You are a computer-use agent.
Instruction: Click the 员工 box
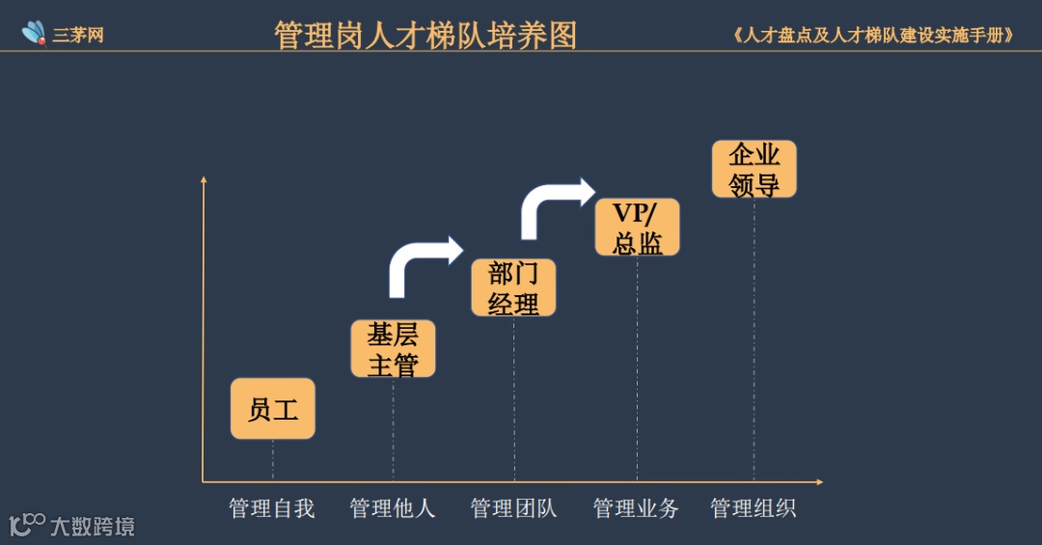pyautogui.click(x=273, y=409)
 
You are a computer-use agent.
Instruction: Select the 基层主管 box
pyautogui.click(x=393, y=348)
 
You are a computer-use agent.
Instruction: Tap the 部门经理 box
pyautogui.click(x=513, y=287)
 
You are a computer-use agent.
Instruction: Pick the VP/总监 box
pyautogui.click(x=637, y=228)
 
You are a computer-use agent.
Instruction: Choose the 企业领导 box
pyautogui.click(x=754, y=169)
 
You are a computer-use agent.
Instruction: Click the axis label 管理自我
pyautogui.click(x=272, y=508)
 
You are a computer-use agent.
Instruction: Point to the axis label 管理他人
pyautogui.click(x=393, y=508)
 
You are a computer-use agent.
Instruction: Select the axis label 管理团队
pyautogui.click(x=513, y=508)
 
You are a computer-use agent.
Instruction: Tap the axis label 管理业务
pyautogui.click(x=636, y=508)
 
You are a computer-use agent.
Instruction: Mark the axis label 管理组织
pyautogui.click(x=754, y=508)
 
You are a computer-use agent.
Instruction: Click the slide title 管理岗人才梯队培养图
pyautogui.click(x=425, y=36)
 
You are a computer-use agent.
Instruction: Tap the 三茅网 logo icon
pyautogui.click(x=35, y=34)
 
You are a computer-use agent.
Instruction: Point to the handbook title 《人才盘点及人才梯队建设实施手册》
pyautogui.click(x=874, y=36)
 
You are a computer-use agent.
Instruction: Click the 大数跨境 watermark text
pyautogui.click(x=93, y=527)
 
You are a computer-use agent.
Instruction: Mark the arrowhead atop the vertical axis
pyautogui.click(x=204, y=179)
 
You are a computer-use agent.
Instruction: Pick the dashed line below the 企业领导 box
pyautogui.click(x=754, y=338)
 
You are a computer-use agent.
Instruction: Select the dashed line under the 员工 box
pyautogui.click(x=273, y=459)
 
